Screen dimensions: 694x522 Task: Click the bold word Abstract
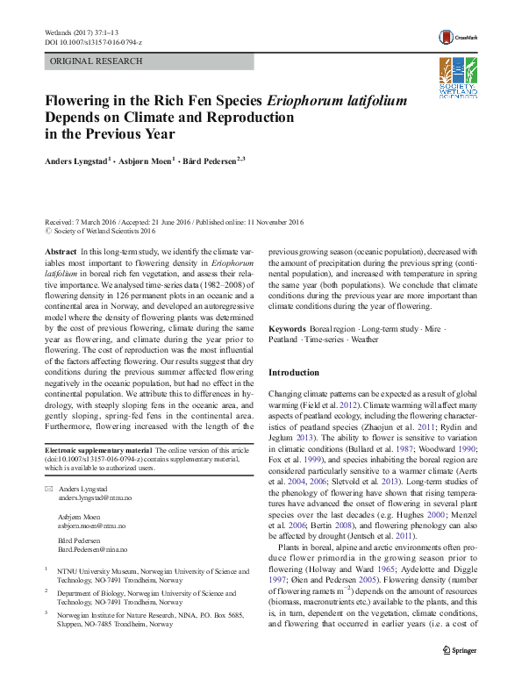tap(60, 251)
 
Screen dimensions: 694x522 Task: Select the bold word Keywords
tap(287, 328)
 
